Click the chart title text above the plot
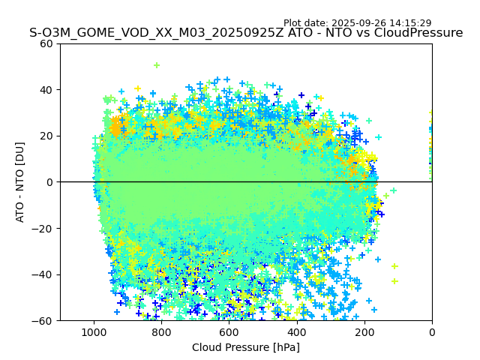tap(246, 33)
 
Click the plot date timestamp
tap(357, 23)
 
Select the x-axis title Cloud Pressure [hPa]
tap(246, 347)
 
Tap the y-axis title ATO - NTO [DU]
tap(20, 182)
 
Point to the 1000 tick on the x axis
tap(94, 331)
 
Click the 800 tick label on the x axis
tap(161, 331)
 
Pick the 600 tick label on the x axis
tap(229, 331)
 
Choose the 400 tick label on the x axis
tap(297, 331)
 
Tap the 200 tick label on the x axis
tap(364, 331)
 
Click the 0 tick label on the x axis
tap(432, 331)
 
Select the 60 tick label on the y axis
tap(46, 43)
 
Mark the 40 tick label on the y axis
tap(46, 90)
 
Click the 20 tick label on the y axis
tap(46, 136)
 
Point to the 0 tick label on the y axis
tap(49, 182)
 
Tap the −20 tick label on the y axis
tap(43, 229)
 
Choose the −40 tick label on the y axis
tap(43, 274)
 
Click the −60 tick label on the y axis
tap(43, 321)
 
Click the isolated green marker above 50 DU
tap(157, 65)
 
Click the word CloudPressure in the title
tap(420, 33)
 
